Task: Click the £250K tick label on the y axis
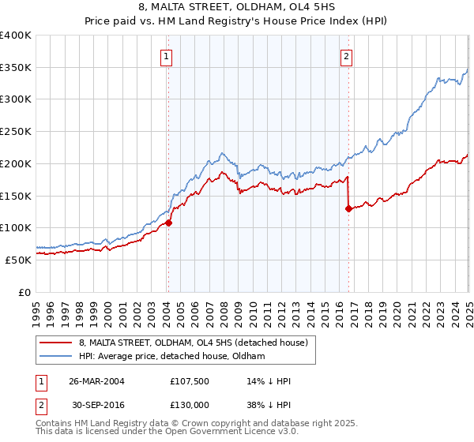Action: click(x=16, y=131)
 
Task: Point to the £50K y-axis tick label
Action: click(x=19, y=259)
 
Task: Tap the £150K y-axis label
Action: click(x=16, y=195)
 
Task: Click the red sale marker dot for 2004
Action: click(x=168, y=223)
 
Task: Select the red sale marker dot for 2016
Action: click(x=348, y=209)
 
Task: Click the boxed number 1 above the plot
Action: click(x=167, y=56)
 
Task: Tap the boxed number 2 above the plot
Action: click(x=347, y=56)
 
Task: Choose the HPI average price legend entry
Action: click(x=171, y=357)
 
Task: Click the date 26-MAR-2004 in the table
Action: click(x=96, y=380)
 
